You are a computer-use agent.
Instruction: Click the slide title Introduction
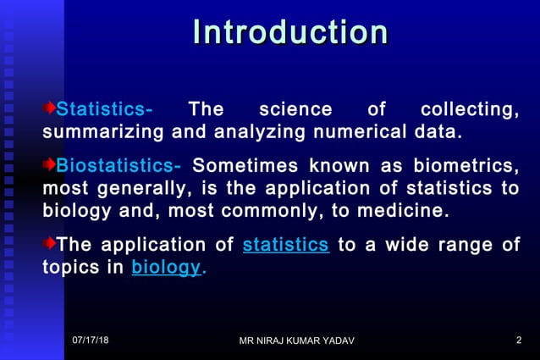pos(290,33)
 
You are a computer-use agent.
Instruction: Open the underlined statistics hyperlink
pos(285,246)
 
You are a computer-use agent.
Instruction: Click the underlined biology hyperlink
pos(166,268)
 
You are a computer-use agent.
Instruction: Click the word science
pos(295,110)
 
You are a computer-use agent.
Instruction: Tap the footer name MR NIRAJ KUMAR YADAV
pos(297,341)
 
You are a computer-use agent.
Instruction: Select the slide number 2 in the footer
pos(518,340)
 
